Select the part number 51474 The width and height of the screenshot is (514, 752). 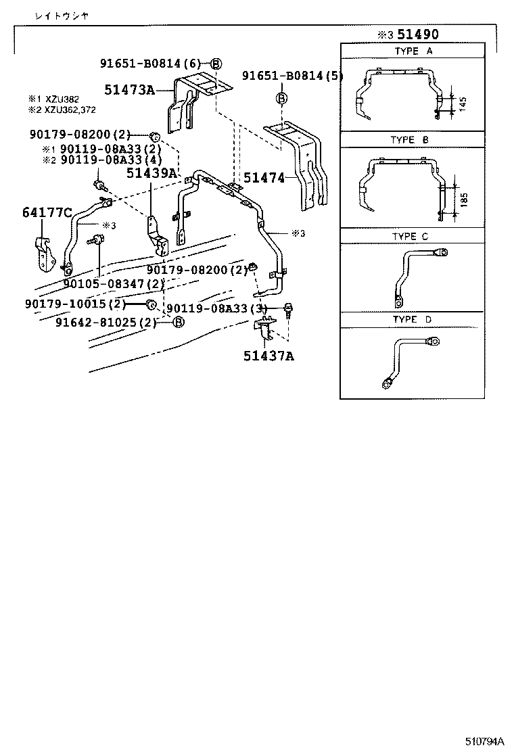(264, 177)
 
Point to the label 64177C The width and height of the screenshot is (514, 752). (47, 213)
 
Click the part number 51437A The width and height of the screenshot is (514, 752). (268, 356)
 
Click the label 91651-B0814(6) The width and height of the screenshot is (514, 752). (150, 64)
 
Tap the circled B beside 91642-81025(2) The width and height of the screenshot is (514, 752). (179, 322)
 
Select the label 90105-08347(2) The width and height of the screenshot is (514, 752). (114, 283)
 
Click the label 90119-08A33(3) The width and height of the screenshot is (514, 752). (217, 308)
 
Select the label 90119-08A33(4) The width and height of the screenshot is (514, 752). (110, 160)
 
